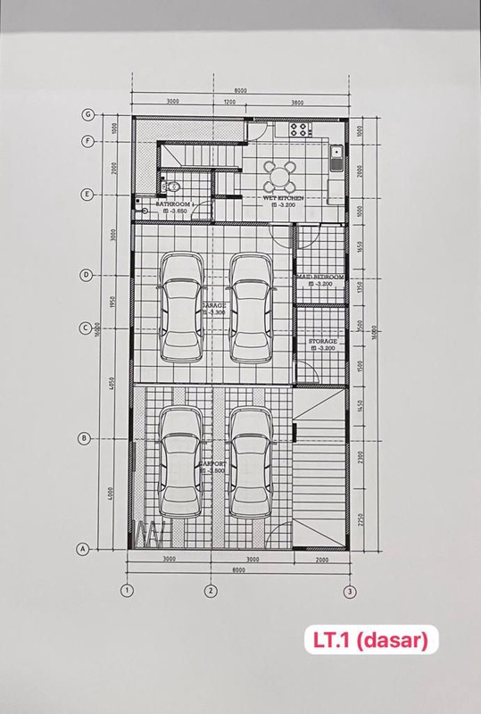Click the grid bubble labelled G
(x=87, y=114)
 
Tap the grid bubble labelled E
(x=87, y=195)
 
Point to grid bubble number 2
(x=210, y=590)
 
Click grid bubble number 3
(x=351, y=590)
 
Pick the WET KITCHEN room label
(x=284, y=197)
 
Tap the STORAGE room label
(x=322, y=341)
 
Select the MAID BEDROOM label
(x=320, y=278)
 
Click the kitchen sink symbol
(x=336, y=158)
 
